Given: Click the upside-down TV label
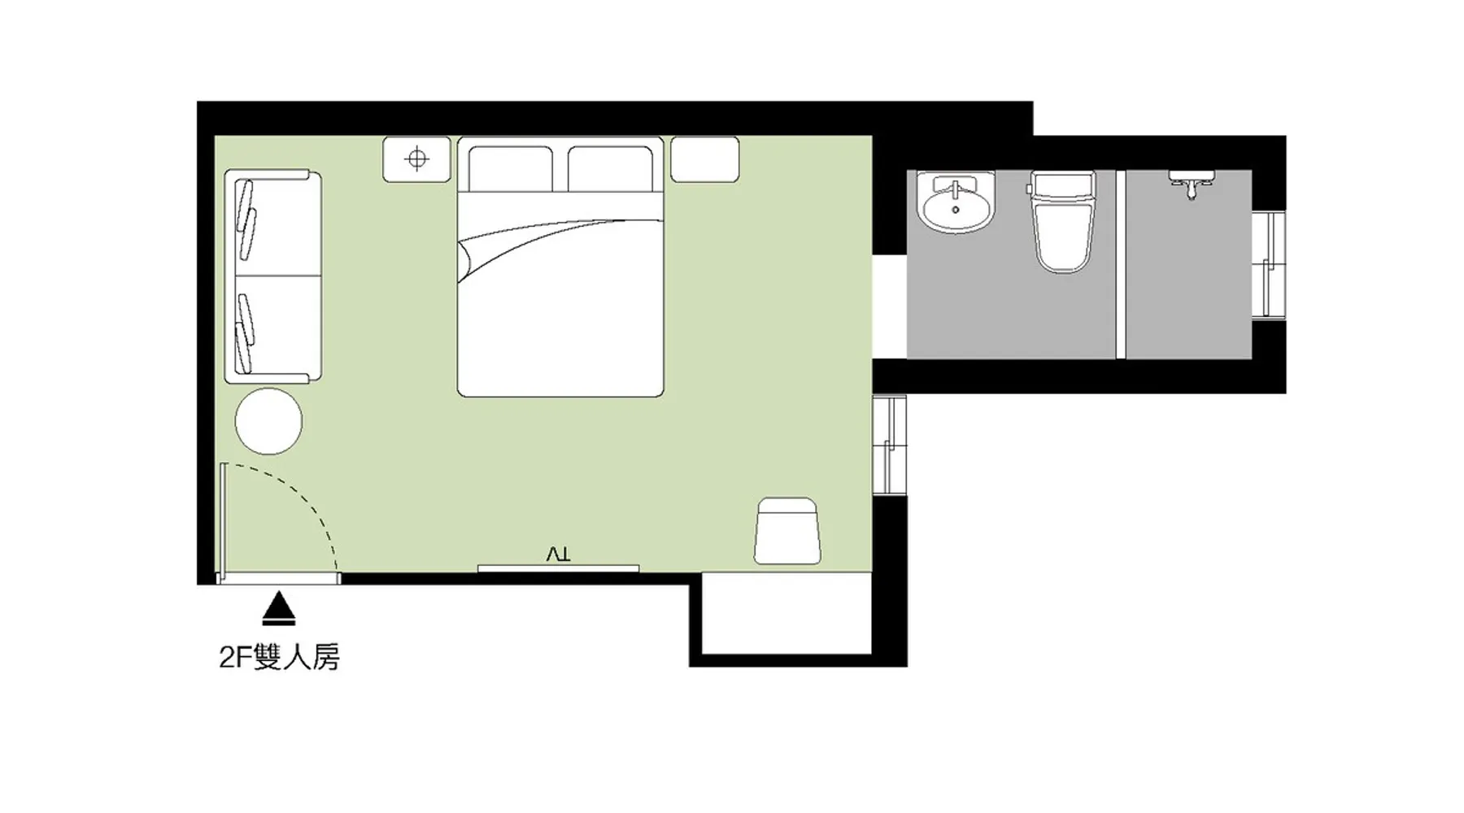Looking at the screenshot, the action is (x=559, y=554).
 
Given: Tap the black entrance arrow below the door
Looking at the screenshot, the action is (x=280, y=608).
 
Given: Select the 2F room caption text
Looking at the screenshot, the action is (x=279, y=656).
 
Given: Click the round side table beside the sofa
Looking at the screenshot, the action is (x=268, y=421).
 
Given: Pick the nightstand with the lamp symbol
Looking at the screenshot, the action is (x=416, y=159).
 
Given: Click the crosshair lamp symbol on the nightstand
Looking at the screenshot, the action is (x=417, y=159).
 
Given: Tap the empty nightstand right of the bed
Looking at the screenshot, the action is (x=704, y=159).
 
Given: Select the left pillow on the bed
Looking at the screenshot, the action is (x=511, y=169).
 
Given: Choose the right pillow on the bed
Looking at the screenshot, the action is (x=610, y=169).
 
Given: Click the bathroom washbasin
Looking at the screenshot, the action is (x=955, y=202).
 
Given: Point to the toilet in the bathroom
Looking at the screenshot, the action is (x=1061, y=221).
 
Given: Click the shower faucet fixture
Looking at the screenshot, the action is (x=1192, y=184).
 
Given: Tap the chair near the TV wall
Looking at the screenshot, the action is (x=786, y=531).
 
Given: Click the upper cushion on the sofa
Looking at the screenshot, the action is (x=246, y=219).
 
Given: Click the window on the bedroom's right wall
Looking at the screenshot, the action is (x=890, y=444).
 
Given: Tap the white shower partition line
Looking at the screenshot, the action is (x=1121, y=264).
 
